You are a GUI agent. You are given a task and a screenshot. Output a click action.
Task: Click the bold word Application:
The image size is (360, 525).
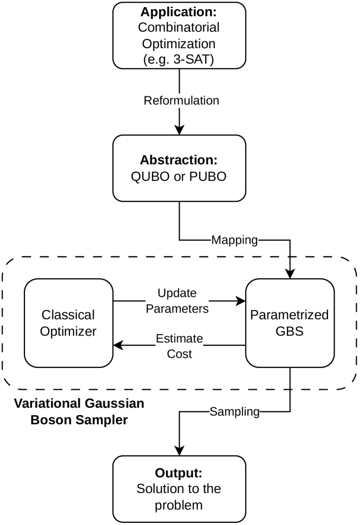click(x=179, y=12)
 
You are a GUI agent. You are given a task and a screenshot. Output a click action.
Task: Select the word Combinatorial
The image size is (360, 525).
click(x=179, y=28)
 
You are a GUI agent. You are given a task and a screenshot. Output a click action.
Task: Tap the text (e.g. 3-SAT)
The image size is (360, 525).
click(x=179, y=59)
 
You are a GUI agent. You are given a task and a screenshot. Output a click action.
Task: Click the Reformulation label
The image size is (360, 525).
click(x=181, y=101)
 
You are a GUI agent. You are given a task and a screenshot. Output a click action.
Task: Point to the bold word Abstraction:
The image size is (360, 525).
click(x=179, y=160)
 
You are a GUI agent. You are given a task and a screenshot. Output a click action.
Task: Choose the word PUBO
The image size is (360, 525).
click(x=207, y=177)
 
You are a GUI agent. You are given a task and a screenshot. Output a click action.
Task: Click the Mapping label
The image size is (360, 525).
click(x=234, y=240)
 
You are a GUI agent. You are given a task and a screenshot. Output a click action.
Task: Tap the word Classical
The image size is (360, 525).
click(x=68, y=315)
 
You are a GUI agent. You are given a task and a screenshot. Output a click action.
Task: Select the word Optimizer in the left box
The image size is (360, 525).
click(x=68, y=331)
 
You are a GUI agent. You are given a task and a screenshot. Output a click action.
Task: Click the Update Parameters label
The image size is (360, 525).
click(x=177, y=301)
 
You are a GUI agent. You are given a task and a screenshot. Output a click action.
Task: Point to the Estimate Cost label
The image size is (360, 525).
click(x=179, y=346)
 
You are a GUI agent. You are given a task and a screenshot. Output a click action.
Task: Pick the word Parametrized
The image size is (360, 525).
click(x=289, y=315)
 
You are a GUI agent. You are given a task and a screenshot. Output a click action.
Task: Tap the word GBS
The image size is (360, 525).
click(x=289, y=331)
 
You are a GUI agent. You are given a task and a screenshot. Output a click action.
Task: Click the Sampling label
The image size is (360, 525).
click(x=234, y=411)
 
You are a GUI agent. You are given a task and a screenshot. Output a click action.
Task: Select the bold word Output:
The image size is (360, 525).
click(x=179, y=472)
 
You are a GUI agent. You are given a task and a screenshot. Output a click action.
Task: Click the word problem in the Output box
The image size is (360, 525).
click(x=179, y=506)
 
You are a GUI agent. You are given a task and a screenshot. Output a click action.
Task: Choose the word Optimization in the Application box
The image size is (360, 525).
click(x=179, y=43)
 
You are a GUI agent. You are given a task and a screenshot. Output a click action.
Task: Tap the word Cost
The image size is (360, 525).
click(x=179, y=354)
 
